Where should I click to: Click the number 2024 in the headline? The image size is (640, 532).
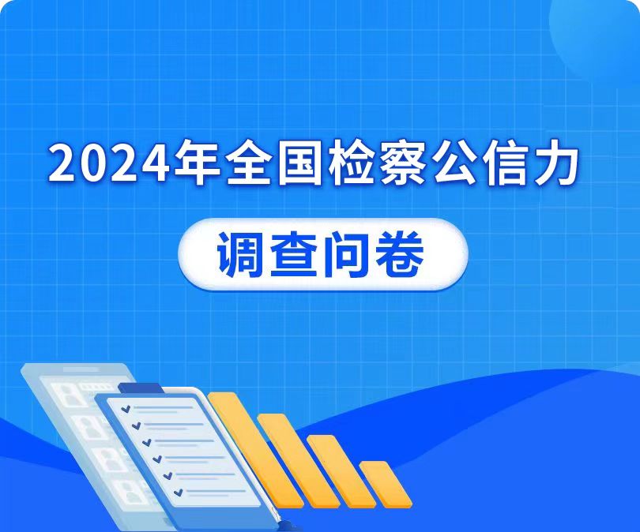point(108,163)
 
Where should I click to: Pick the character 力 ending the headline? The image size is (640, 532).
point(556,163)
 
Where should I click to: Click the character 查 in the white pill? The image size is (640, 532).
point(295,254)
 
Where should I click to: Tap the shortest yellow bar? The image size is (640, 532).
point(386,485)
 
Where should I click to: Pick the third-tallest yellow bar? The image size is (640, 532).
point(341,472)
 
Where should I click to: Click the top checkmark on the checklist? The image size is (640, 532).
point(126,409)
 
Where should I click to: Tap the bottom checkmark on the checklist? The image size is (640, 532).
point(178,493)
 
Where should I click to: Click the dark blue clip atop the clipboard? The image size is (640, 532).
point(141,388)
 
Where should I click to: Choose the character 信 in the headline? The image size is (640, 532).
point(506,163)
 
